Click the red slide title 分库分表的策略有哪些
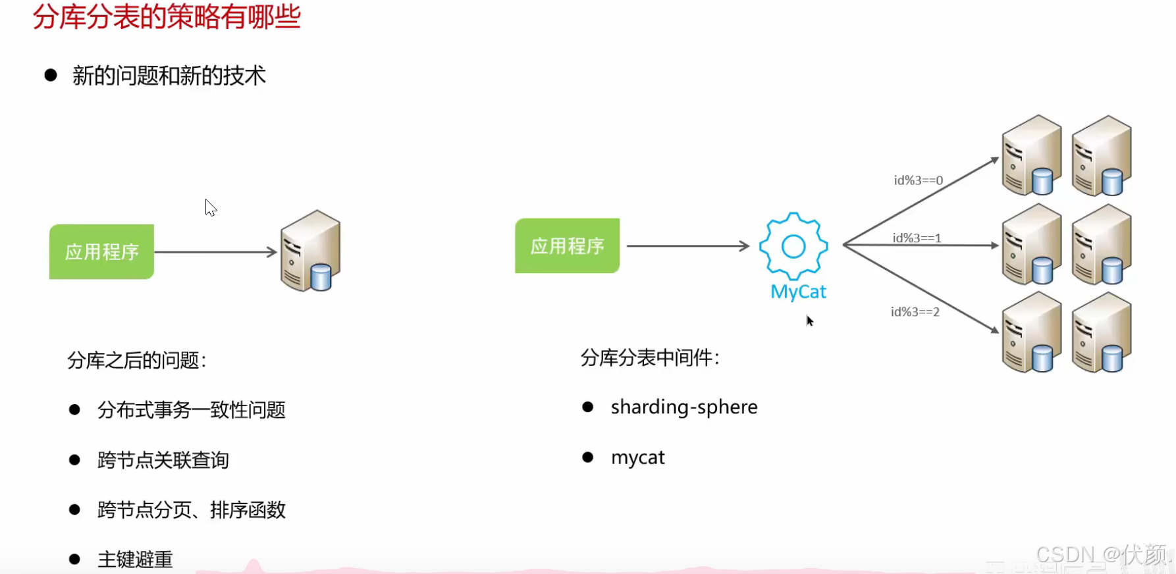pyautogui.click(x=167, y=16)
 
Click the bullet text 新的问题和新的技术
pyautogui.click(x=169, y=76)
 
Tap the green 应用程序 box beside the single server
pyautogui.click(x=101, y=251)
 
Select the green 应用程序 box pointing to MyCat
pyautogui.click(x=567, y=246)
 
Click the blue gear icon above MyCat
pyautogui.click(x=793, y=246)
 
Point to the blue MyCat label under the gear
pyautogui.click(x=798, y=292)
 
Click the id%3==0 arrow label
pyautogui.click(x=918, y=180)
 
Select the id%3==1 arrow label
pyautogui.click(x=917, y=238)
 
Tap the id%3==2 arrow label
pyautogui.click(x=915, y=312)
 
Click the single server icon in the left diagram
pyautogui.click(x=310, y=251)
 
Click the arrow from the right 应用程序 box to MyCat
pyautogui.click(x=687, y=246)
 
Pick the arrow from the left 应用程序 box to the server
pyautogui.click(x=215, y=251)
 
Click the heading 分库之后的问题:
pyautogui.click(x=137, y=360)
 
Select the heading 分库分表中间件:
pyautogui.click(x=650, y=357)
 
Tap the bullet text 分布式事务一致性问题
pyautogui.click(x=191, y=410)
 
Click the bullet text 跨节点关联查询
pyautogui.click(x=163, y=459)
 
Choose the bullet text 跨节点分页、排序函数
pyautogui.click(x=191, y=509)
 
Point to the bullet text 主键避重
pyautogui.click(x=135, y=559)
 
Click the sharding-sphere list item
pyautogui.click(x=684, y=407)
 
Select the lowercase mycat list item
pyautogui.click(x=637, y=457)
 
